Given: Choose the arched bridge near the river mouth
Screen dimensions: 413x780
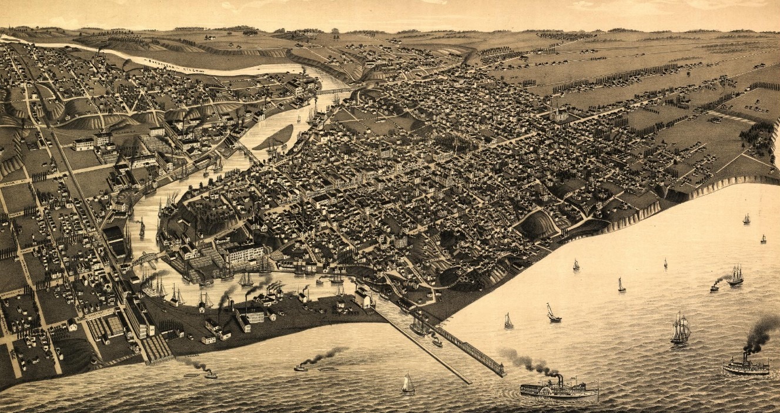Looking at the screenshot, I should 147,257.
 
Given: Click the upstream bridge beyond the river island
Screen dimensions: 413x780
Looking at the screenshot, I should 333,91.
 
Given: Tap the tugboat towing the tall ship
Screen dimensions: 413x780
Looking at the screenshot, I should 714,287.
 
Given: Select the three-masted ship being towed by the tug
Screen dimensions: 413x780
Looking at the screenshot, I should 735,276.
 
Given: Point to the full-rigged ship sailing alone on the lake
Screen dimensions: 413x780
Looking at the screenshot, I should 680,331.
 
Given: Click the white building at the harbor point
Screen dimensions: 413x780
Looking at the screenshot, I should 363,298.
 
